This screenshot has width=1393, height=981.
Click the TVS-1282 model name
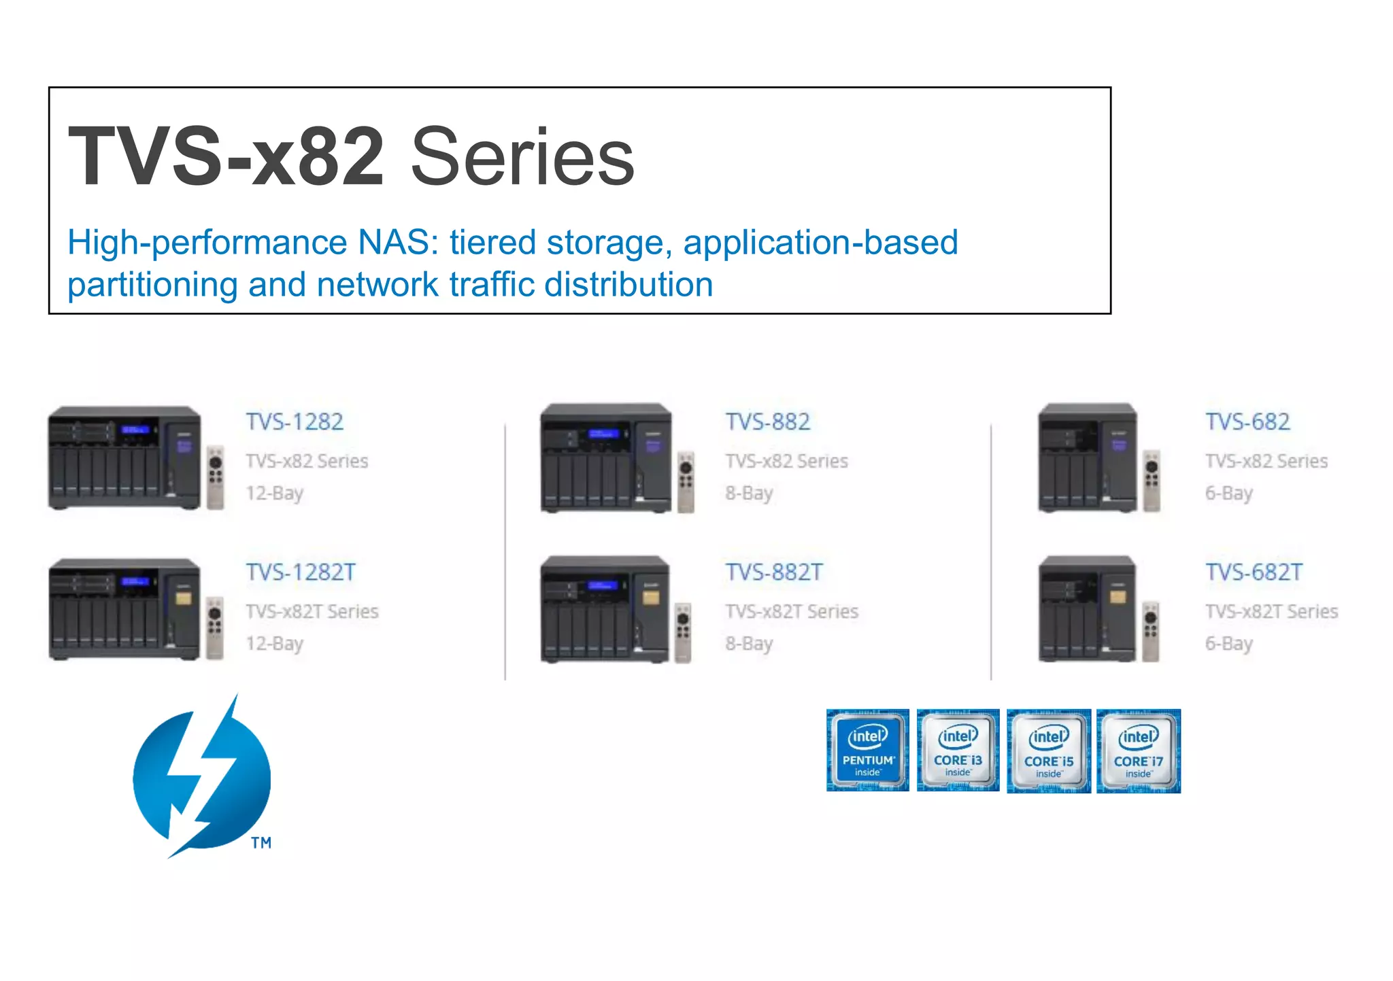pyautogui.click(x=295, y=422)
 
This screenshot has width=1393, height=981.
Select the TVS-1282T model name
pyautogui.click(x=301, y=572)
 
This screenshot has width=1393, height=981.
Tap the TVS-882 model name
pyautogui.click(x=767, y=422)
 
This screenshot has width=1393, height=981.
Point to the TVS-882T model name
pyautogui.click(x=774, y=572)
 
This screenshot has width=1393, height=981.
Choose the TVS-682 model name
pyautogui.click(x=1247, y=422)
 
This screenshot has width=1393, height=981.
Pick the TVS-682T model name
pyautogui.click(x=1254, y=572)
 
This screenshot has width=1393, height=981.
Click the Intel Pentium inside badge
pyautogui.click(x=867, y=751)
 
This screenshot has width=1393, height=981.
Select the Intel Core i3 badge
pyautogui.click(x=958, y=751)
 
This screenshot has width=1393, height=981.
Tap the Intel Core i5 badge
pyautogui.click(x=1048, y=751)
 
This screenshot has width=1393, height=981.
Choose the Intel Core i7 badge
pyautogui.click(x=1139, y=751)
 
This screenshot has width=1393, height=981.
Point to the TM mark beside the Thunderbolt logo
pyautogui.click(x=261, y=843)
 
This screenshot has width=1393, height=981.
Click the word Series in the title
pyautogui.click(x=522, y=158)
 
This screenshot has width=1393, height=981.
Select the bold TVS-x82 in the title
pyautogui.click(x=226, y=158)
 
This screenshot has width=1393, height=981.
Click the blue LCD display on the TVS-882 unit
pyautogui.click(x=604, y=434)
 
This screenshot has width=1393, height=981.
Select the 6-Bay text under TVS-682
pyautogui.click(x=1228, y=493)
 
